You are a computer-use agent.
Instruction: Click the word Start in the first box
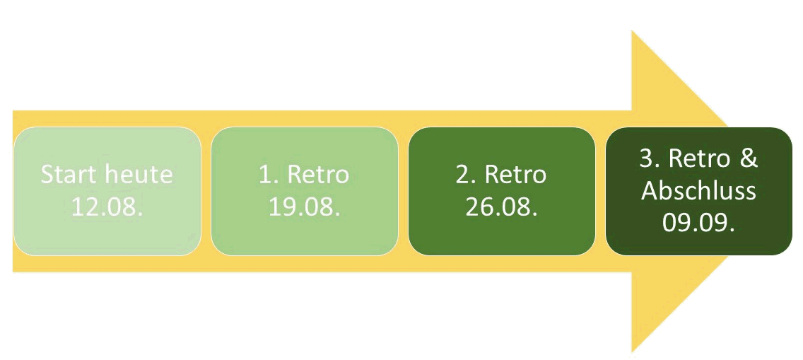click(69, 175)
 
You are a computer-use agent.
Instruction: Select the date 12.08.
click(107, 207)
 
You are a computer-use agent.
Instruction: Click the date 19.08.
click(304, 207)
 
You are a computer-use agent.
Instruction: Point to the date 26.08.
click(501, 207)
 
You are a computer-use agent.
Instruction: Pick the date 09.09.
click(699, 223)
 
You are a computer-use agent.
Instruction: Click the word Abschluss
click(699, 191)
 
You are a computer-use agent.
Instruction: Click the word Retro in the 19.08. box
click(318, 175)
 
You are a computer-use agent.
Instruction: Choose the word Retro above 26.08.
click(516, 175)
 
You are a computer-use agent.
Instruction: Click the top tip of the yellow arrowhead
click(632, 30)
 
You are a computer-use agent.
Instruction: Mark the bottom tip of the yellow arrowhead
click(632, 352)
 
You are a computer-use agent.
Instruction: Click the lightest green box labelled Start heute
click(107, 191)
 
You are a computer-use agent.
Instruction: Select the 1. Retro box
click(304, 191)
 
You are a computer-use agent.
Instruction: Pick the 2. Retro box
click(502, 191)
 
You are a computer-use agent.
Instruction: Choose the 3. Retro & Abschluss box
click(699, 191)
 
